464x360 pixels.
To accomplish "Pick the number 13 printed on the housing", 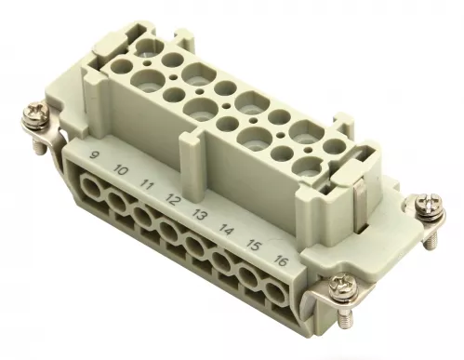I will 198,213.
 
